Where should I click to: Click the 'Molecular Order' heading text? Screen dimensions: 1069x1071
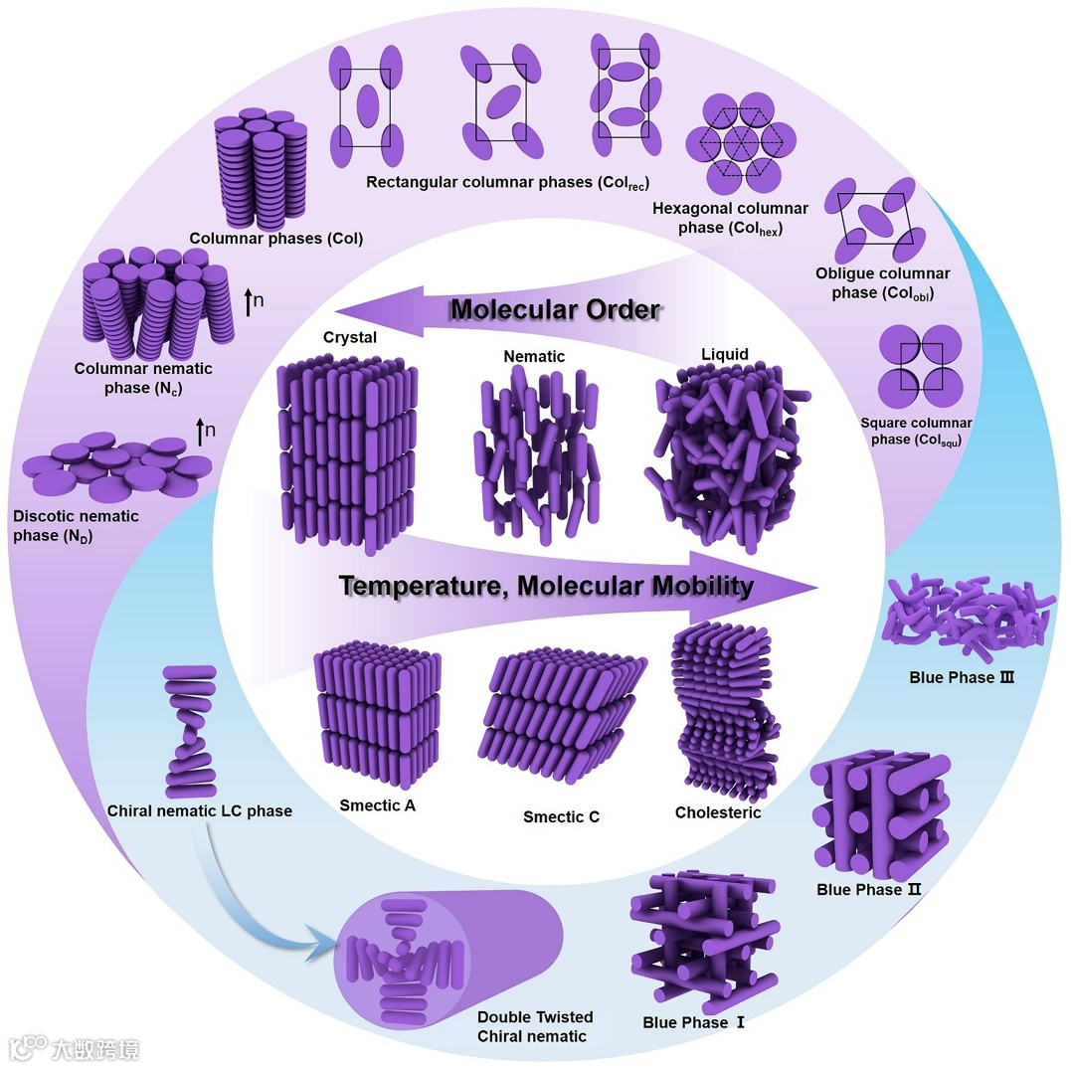555,310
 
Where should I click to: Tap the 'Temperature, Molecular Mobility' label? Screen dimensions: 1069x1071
546,586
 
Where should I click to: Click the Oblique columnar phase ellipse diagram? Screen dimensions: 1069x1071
875,219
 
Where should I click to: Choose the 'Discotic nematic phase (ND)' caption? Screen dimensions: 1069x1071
76,526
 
